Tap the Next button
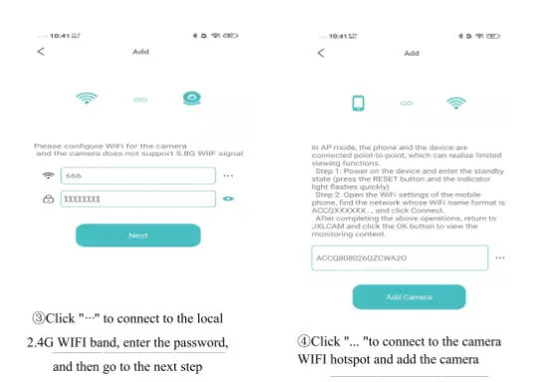pos(137,235)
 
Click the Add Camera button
pos(409,297)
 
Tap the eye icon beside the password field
pos(228,198)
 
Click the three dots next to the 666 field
pos(228,175)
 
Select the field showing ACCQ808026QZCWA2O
pos(399,258)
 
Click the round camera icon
pos(190,99)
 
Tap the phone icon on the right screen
pos(359,103)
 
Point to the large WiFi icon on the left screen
pos(88,99)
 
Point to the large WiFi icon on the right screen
pos(457,103)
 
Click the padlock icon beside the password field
pos(48,199)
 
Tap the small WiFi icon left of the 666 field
pos(48,176)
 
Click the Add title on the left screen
pos(140,51)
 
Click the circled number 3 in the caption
pos(39,318)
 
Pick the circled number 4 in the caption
pos(303,341)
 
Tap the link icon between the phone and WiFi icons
pos(406,103)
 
